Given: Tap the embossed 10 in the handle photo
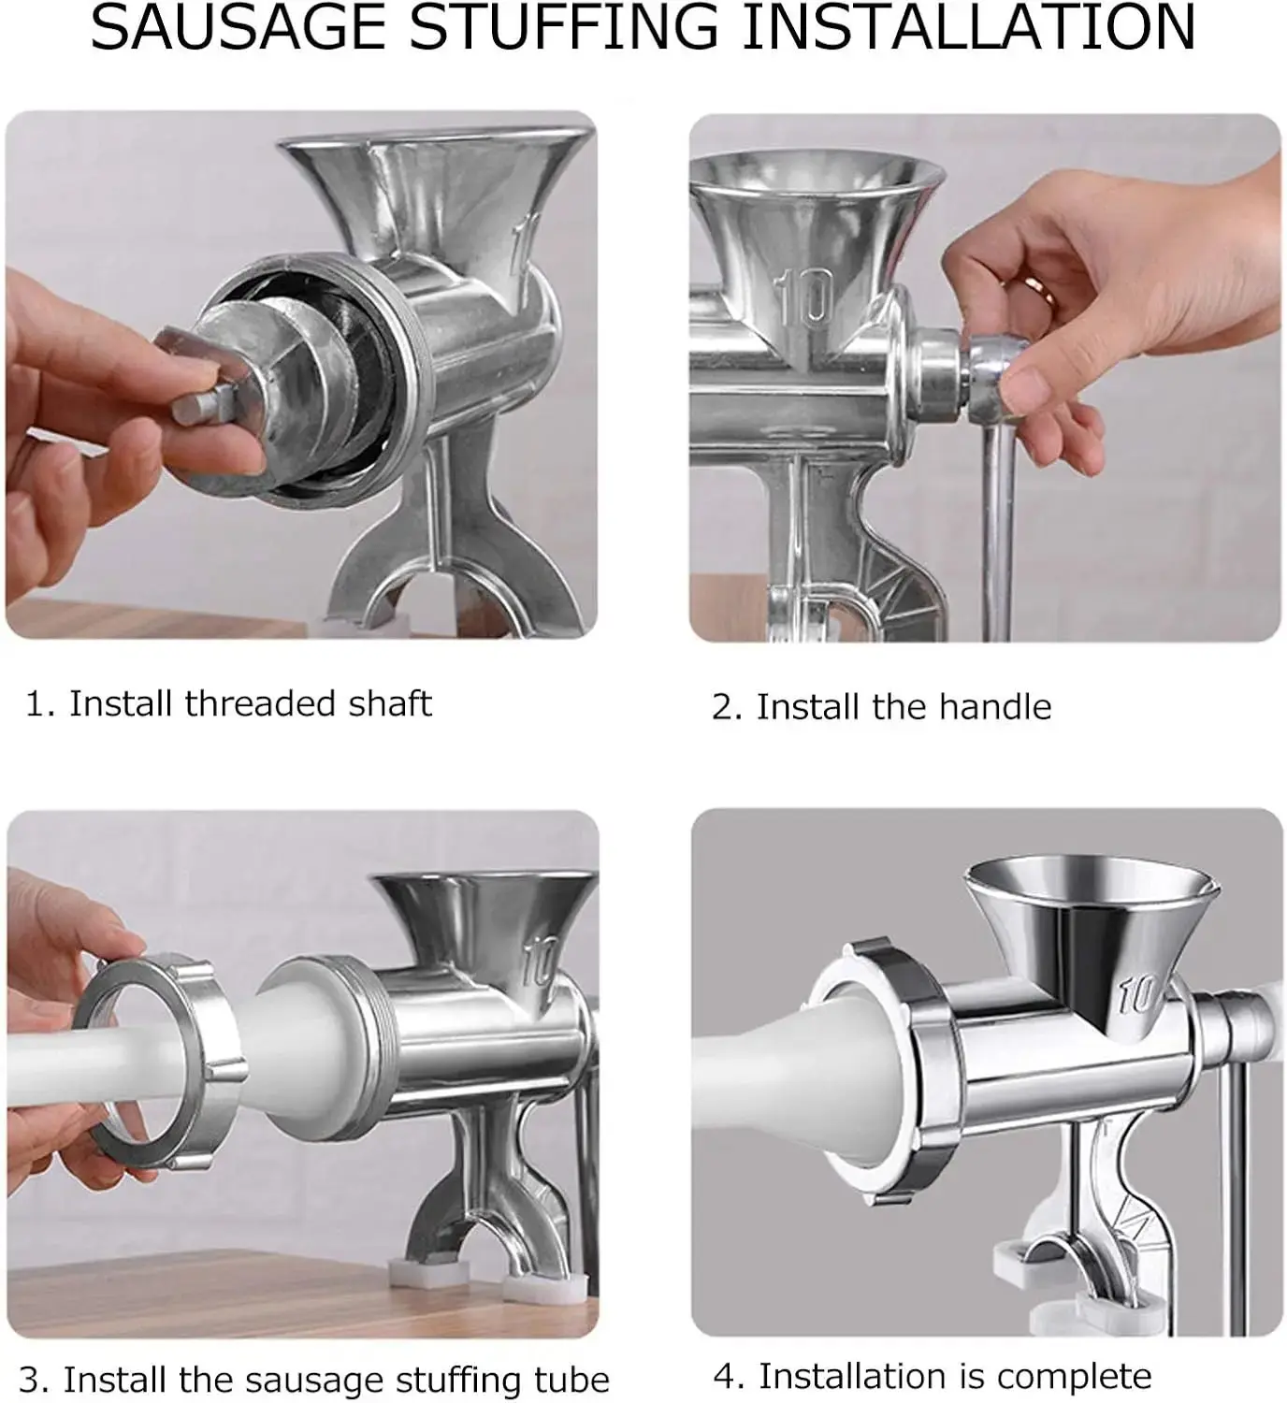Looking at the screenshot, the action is coord(805,297).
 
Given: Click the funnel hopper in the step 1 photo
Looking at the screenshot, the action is coord(434,189).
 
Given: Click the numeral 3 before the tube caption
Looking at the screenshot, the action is coord(31,1381).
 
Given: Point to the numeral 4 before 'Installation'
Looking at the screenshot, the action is coord(726,1377).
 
